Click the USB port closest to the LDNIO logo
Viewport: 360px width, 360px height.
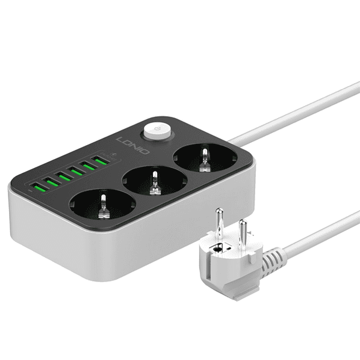click(x=101, y=161)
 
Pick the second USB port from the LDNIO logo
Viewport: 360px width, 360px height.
click(x=88, y=166)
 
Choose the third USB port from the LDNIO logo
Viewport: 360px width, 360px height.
click(x=76, y=172)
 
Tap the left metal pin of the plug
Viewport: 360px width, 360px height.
click(x=220, y=222)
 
